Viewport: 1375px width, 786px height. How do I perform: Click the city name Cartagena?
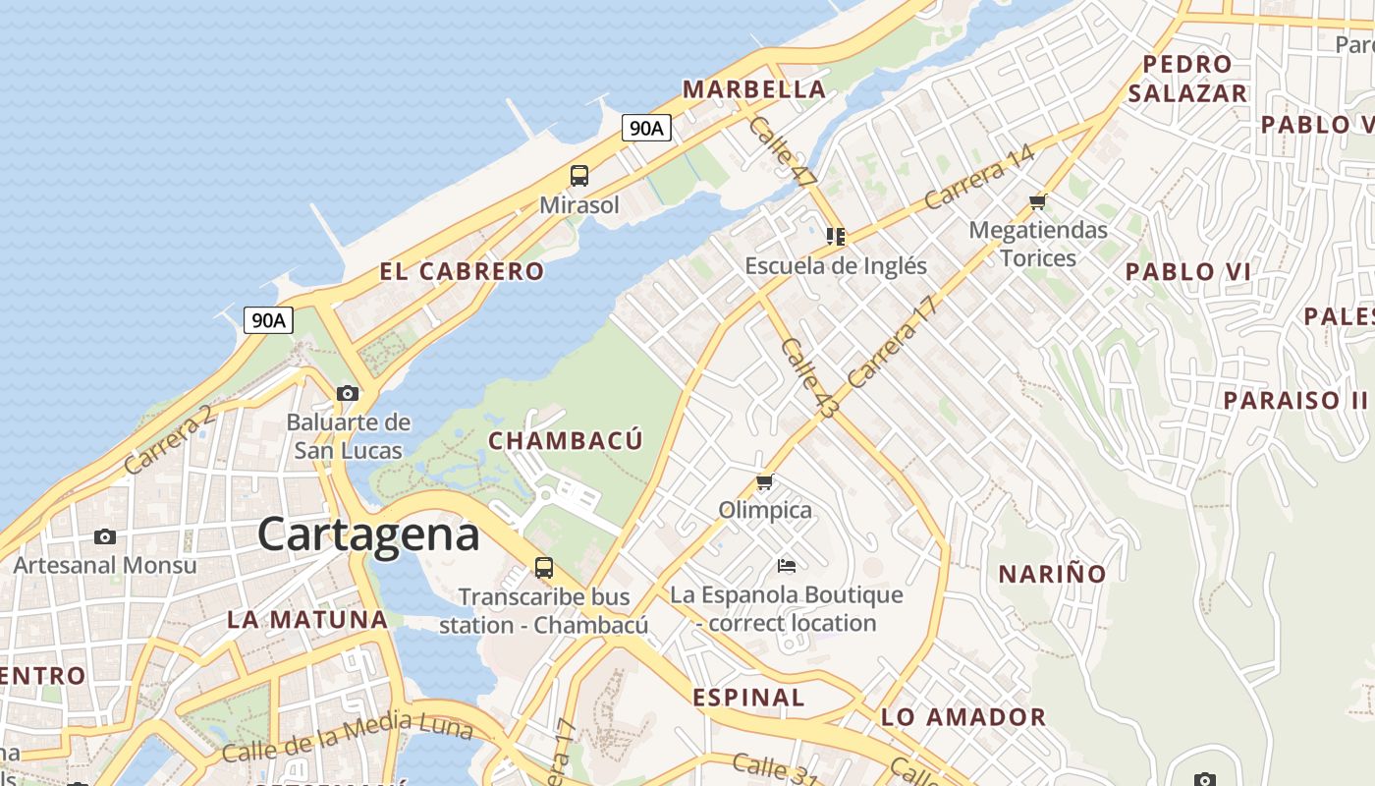click(x=368, y=534)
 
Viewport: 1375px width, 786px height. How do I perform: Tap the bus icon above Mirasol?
click(x=579, y=176)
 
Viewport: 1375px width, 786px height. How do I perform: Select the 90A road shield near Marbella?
click(x=646, y=127)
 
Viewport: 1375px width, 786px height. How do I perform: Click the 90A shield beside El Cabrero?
click(x=268, y=319)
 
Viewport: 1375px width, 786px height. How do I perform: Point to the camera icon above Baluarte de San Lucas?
click(x=348, y=393)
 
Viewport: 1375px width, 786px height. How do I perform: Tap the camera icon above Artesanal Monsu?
click(x=105, y=536)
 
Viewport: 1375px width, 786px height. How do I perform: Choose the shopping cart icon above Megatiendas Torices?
click(x=1038, y=202)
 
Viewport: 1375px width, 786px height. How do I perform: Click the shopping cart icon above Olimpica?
click(x=765, y=481)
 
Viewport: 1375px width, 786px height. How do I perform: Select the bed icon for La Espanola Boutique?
click(x=786, y=565)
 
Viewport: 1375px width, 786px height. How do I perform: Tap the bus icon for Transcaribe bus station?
click(x=543, y=567)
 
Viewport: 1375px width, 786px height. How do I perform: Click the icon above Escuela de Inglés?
click(x=836, y=236)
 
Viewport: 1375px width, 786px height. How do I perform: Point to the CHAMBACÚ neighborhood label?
click(x=566, y=440)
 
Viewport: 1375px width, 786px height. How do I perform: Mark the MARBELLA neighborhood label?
click(x=754, y=89)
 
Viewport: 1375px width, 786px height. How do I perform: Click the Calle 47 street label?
click(x=782, y=152)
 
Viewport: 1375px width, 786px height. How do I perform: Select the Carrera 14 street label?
click(x=979, y=177)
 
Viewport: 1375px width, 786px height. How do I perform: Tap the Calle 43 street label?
click(x=807, y=378)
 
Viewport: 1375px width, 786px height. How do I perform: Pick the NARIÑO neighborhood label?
click(x=1052, y=574)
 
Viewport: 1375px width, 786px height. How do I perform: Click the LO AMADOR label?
click(x=963, y=717)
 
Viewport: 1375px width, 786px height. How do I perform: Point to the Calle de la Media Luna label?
click(x=347, y=740)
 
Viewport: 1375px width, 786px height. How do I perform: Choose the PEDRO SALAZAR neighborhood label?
click(x=1187, y=79)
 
